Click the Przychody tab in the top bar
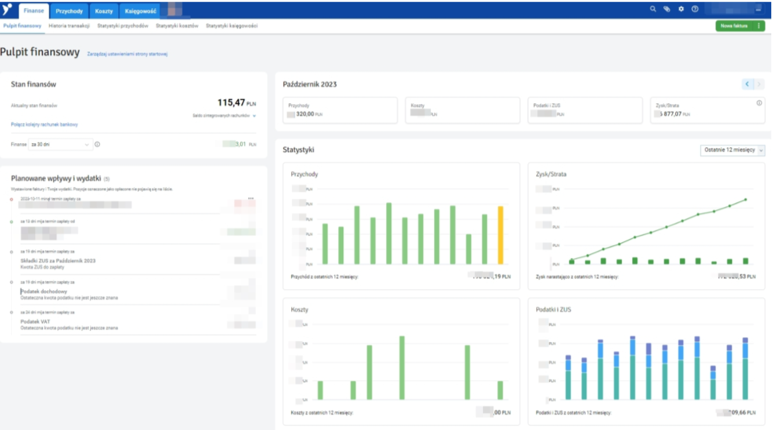tap(69, 11)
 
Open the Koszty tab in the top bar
tap(104, 11)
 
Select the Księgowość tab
tap(140, 11)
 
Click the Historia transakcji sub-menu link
tap(69, 26)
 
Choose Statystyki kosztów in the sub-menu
tap(177, 26)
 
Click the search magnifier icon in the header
tap(653, 9)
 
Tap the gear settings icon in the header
tap(681, 9)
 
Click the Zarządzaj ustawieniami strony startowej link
tap(127, 54)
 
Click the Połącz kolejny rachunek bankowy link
tap(44, 125)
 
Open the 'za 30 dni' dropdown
tap(60, 144)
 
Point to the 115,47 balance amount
tap(231, 103)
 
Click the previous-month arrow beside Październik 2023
tap(747, 85)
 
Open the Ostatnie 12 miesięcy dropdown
tap(732, 150)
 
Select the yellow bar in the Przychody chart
tap(501, 235)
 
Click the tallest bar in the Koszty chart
tap(402, 367)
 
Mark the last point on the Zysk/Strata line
tap(746, 199)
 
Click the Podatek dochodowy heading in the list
tap(44, 291)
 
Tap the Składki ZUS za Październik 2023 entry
tap(58, 261)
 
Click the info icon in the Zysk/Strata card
tap(759, 103)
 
